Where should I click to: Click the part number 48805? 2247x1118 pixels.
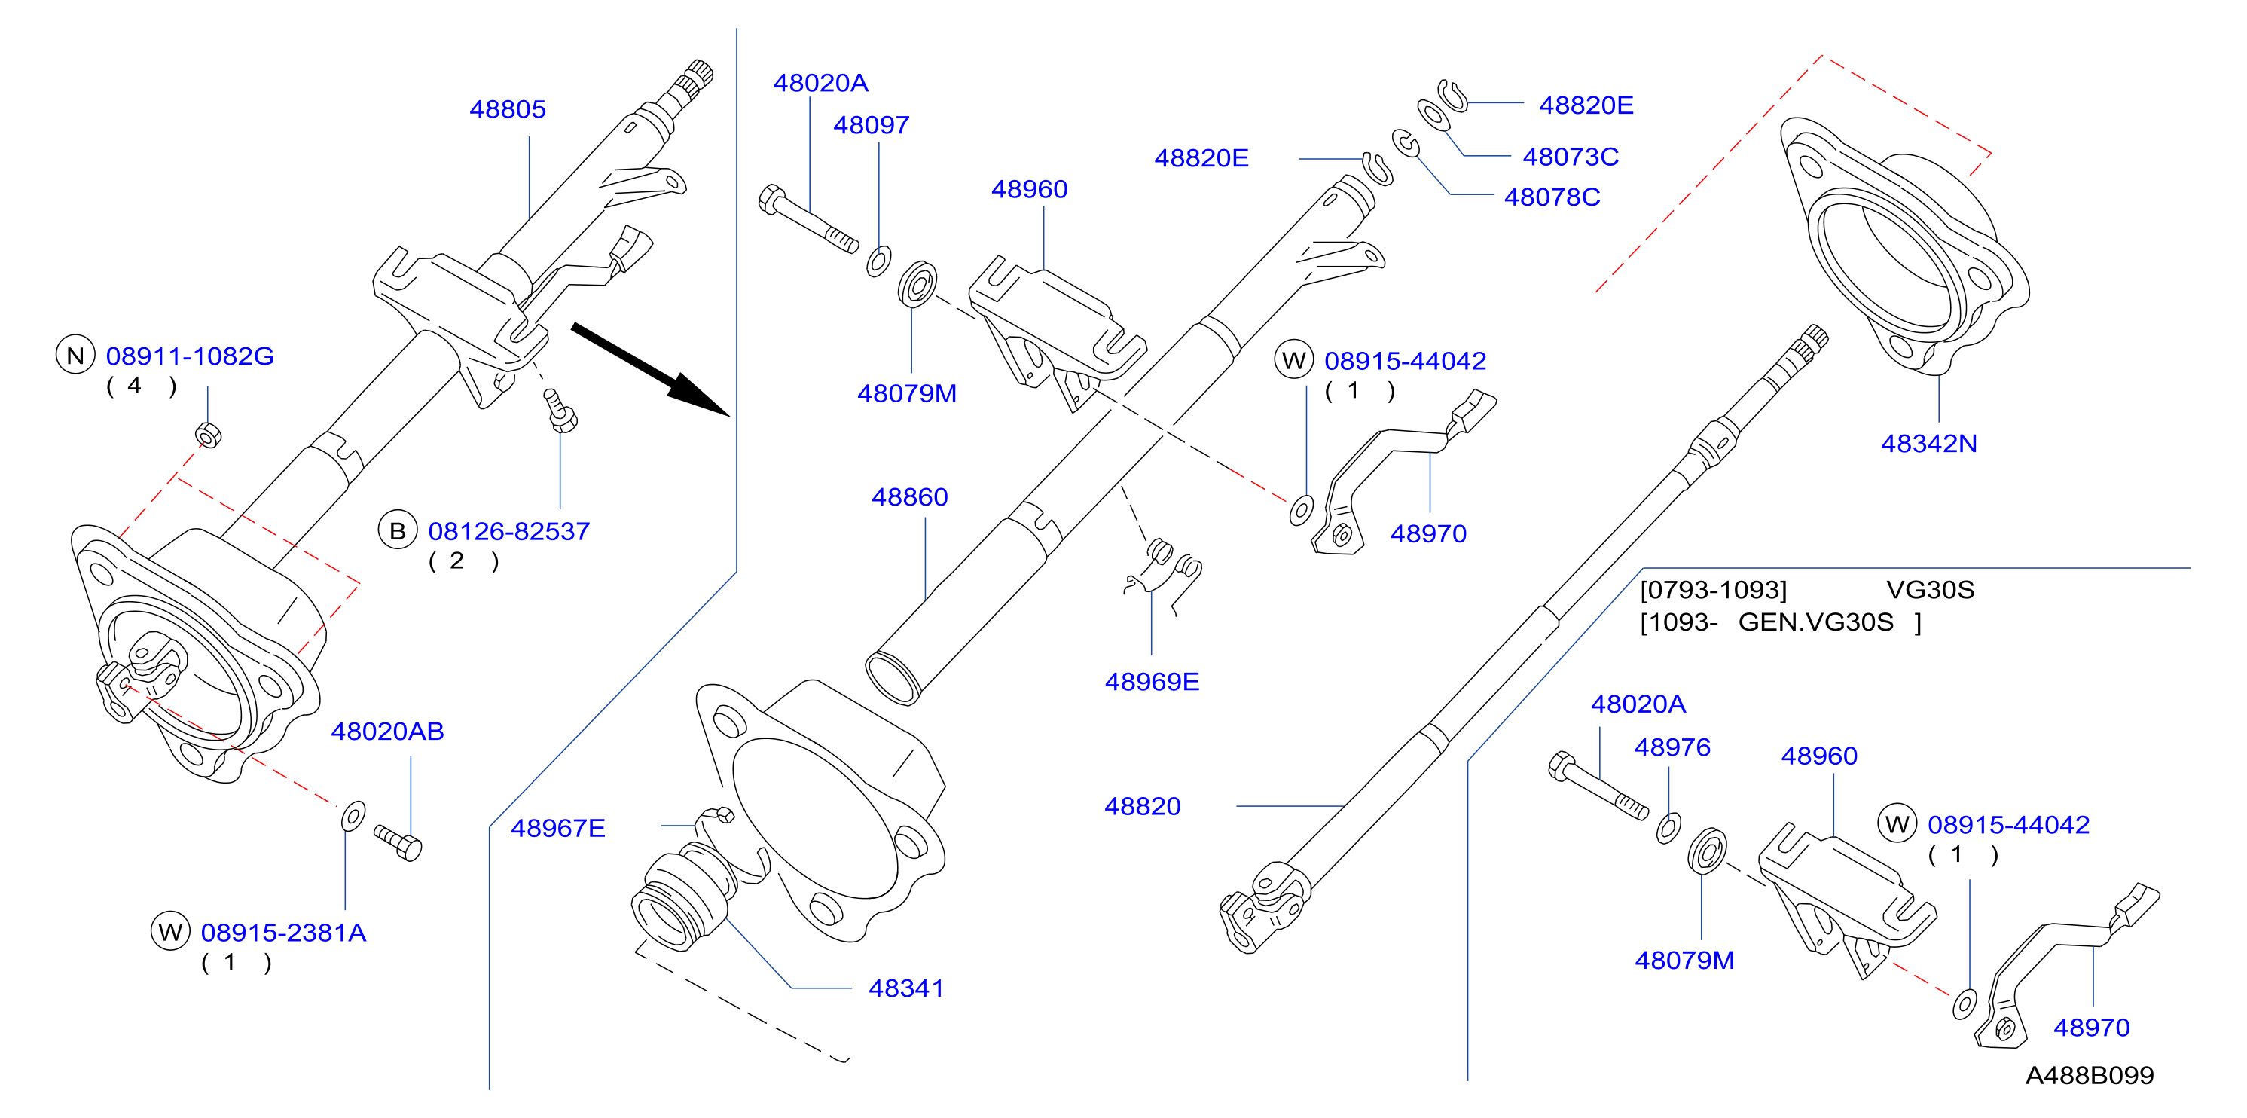pos(508,110)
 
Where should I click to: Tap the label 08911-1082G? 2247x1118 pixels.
pos(190,356)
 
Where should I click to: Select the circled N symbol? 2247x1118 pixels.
pos(76,355)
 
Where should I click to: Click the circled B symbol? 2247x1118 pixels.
pos(398,530)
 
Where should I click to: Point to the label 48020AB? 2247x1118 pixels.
pos(387,731)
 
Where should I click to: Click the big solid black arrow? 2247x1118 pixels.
pos(650,370)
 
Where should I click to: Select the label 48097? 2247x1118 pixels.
pos(872,126)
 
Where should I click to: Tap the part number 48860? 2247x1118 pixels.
pos(910,497)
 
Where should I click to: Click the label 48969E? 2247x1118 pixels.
pos(1153,682)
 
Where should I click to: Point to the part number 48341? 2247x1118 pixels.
pos(906,988)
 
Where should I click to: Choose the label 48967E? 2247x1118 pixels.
pos(558,828)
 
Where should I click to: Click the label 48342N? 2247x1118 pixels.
pos(1928,444)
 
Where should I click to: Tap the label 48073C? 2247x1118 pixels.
pos(1571,157)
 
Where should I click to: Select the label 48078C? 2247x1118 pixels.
pos(1552,197)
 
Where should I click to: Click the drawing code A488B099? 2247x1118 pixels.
pos(2089,1075)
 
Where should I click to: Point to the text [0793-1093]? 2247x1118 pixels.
pos(1713,591)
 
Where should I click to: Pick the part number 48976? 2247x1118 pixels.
pos(1672,747)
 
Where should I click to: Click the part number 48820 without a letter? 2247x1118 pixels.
pos(1143,807)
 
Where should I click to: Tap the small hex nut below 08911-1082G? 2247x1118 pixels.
pos(209,434)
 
